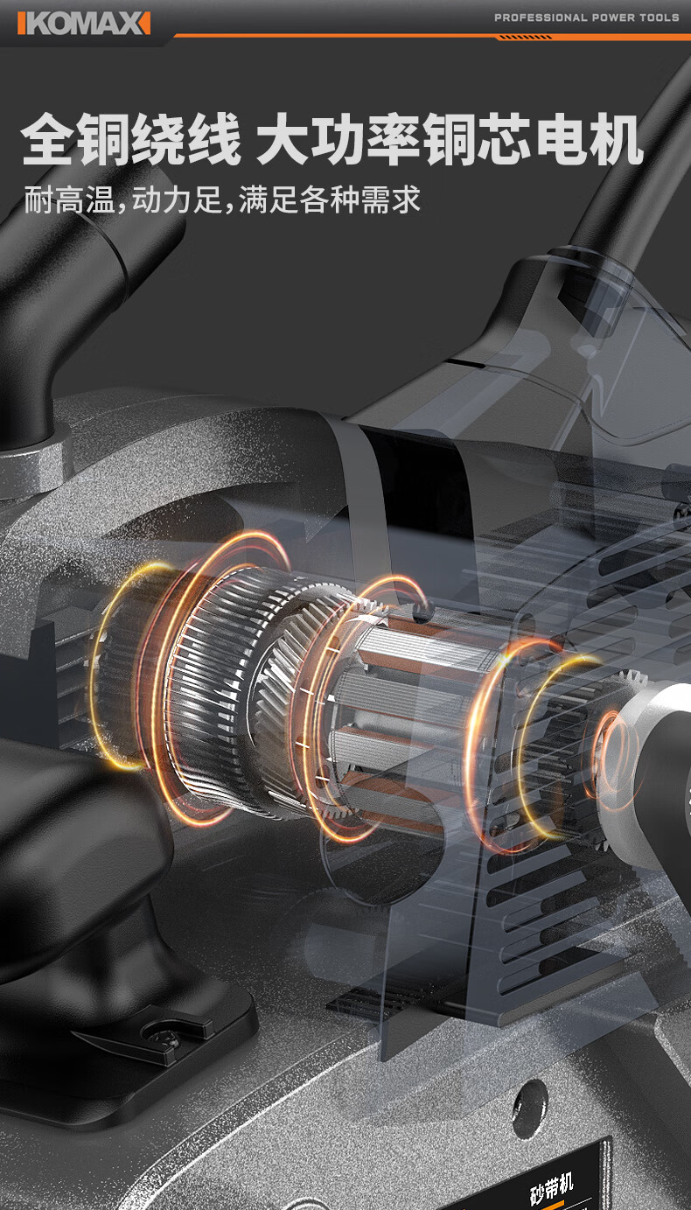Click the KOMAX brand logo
(84, 24)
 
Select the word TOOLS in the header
(660, 17)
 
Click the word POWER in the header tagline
(613, 17)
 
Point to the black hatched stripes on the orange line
(526, 38)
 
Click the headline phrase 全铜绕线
(131, 139)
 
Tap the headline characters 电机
(590, 139)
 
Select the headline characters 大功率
(338, 139)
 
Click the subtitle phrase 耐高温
(70, 199)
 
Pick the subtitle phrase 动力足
(177, 199)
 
